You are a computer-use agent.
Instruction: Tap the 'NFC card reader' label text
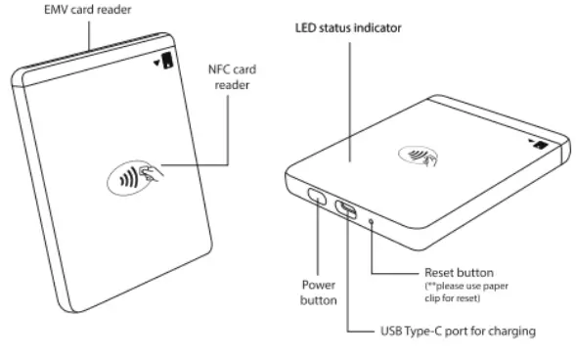232,76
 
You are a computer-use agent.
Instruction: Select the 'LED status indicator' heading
349,28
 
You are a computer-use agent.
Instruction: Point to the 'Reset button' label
460,270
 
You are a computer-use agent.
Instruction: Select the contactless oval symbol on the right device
418,154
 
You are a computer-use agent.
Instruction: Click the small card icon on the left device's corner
167,62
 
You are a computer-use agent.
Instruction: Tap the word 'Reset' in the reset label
440,270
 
